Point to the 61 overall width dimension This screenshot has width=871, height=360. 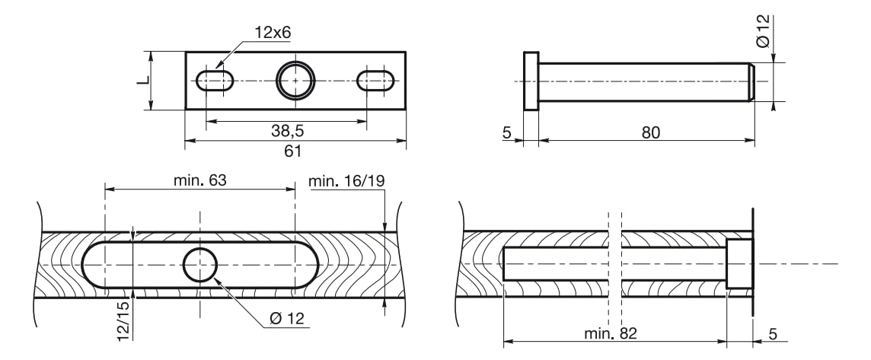click(x=292, y=151)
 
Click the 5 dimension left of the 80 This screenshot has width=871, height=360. click(x=506, y=132)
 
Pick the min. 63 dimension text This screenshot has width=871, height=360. click(x=199, y=180)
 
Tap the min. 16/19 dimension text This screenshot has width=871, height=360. click(x=346, y=180)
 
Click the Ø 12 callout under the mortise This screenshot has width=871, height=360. click(x=286, y=319)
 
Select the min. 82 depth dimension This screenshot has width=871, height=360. click(x=610, y=333)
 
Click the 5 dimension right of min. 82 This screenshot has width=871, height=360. click(x=774, y=333)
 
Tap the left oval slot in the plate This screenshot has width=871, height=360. click(x=215, y=81)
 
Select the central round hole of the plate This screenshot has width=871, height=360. click(x=295, y=81)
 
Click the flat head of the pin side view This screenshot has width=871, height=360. click(x=531, y=81)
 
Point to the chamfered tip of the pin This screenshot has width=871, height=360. click(x=751, y=81)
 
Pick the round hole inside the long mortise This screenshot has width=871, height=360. click(x=200, y=265)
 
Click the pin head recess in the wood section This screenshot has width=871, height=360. click(x=739, y=264)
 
